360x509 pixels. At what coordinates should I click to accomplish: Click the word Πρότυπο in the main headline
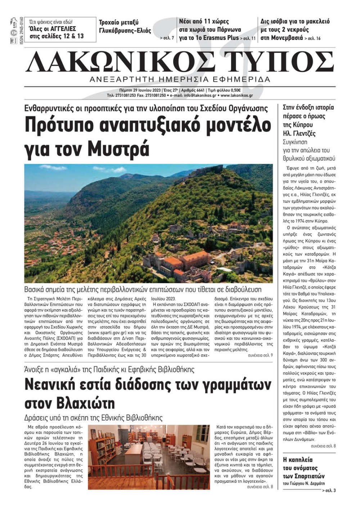pos(59,125)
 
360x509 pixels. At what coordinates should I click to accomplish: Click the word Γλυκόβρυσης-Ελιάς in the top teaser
pos(125,31)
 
